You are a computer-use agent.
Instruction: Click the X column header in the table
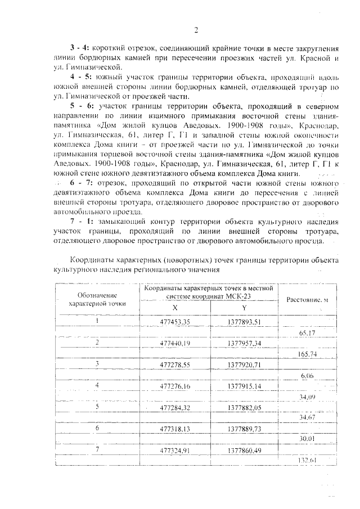coord(175,307)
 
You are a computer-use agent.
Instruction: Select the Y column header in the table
coord(244,307)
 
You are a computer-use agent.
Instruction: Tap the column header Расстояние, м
coord(307,300)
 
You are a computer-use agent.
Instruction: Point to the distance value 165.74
coord(307,354)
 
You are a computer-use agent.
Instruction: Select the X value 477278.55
coord(175,364)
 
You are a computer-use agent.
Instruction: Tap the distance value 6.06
coord(307,375)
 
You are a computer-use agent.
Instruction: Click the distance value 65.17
coord(307,332)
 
